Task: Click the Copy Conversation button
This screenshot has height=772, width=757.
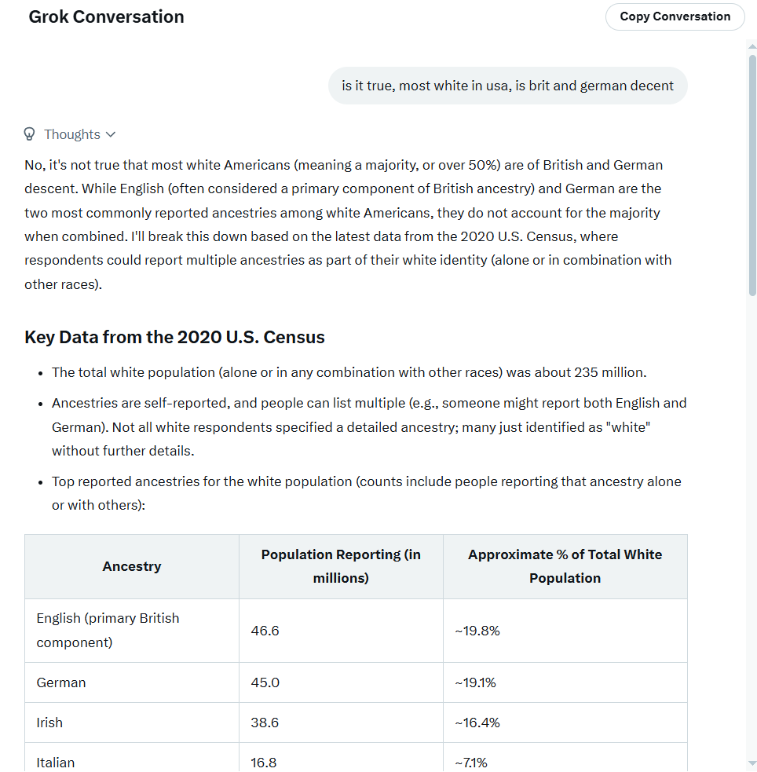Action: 675,16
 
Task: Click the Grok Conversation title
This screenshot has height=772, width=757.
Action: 106,17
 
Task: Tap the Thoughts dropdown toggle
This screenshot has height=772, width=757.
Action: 79,134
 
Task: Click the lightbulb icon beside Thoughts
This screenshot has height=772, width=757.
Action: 30,134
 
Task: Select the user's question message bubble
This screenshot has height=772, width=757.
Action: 507,86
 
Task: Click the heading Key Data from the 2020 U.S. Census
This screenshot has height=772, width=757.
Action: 174,338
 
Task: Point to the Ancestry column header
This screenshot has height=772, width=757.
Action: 131,566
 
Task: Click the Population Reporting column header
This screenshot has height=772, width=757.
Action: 341,566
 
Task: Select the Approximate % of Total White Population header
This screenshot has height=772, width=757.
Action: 565,566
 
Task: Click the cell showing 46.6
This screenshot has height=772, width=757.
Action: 265,631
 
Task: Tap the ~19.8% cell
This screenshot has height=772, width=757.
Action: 477,631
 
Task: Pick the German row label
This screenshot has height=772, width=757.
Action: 61,682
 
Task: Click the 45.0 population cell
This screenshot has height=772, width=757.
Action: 265,682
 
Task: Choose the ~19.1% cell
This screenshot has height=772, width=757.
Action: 475,682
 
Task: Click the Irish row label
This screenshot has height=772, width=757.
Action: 49,723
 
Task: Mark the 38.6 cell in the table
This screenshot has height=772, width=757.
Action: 265,723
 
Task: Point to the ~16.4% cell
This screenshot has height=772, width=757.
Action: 477,723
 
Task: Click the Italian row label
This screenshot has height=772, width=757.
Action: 56,762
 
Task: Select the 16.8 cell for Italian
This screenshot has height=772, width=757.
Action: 264,762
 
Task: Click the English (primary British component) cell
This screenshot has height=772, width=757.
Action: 108,631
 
